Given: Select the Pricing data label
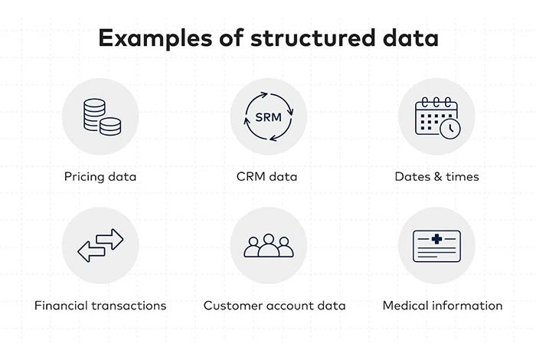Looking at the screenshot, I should click(x=100, y=176).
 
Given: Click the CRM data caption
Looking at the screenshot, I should click(x=267, y=176).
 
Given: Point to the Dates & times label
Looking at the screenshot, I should click(x=436, y=176).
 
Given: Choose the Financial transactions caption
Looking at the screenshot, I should click(x=100, y=305).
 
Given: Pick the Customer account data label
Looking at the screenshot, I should click(x=274, y=305).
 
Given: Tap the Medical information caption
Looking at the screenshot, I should click(x=443, y=305).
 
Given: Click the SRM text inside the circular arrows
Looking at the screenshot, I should click(x=268, y=117).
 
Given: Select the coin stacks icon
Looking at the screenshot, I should click(x=100, y=116).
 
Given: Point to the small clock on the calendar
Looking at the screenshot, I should click(x=451, y=128).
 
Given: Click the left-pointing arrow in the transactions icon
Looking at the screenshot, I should click(x=91, y=250).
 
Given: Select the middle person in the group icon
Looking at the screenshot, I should click(x=268, y=244).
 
